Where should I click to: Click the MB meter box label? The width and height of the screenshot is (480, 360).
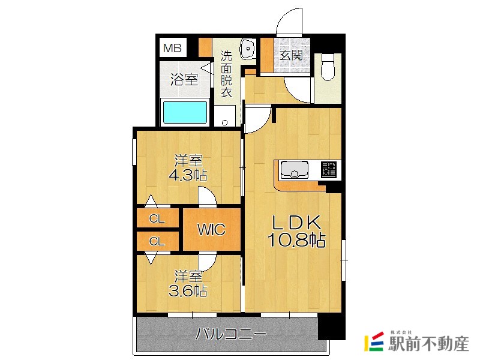(x=172, y=48)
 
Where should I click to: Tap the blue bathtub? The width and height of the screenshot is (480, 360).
(x=185, y=112)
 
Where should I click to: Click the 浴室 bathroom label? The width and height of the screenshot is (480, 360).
(x=184, y=80)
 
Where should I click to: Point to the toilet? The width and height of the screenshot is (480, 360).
(x=328, y=67)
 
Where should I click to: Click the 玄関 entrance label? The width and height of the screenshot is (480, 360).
(x=292, y=55)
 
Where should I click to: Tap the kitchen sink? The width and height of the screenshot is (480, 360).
(x=295, y=170)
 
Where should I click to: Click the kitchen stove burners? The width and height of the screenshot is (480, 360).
(x=328, y=170)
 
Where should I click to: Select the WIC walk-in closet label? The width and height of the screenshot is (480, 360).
(x=212, y=229)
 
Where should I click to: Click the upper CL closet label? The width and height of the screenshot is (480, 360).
(x=157, y=218)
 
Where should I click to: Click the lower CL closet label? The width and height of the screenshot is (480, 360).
(x=157, y=242)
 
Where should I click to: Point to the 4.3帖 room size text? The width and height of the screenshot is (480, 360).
(x=188, y=175)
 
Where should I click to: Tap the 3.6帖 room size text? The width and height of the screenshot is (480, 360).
(x=188, y=290)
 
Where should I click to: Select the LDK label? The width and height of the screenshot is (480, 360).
(x=296, y=223)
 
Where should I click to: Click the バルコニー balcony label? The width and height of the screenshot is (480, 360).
(x=231, y=334)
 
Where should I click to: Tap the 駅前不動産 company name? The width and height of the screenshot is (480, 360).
(x=428, y=344)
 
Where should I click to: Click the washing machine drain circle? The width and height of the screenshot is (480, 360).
(x=224, y=123)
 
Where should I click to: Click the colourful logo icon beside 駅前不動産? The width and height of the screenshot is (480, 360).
(x=374, y=341)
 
